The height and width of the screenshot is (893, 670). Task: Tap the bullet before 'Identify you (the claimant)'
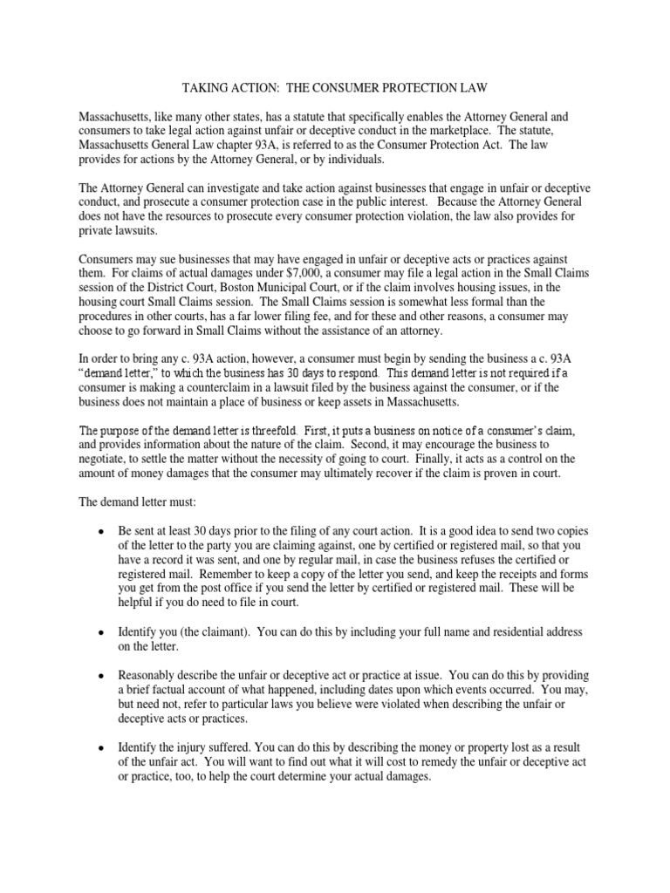(x=102, y=631)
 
